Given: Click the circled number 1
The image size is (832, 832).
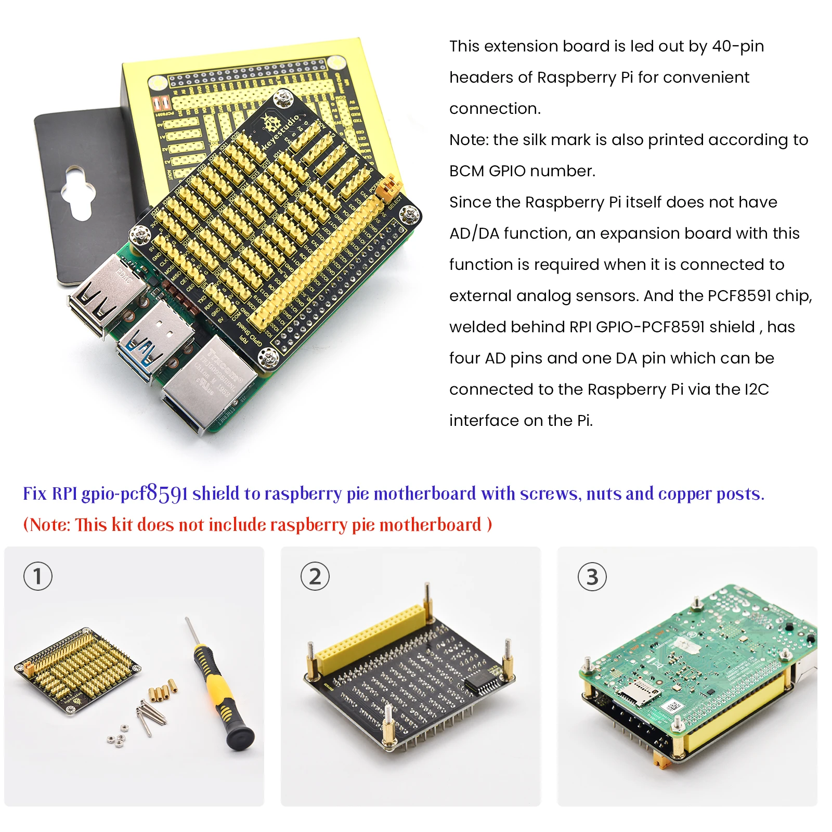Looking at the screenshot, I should [x=38, y=576].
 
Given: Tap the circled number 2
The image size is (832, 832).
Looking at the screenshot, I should [x=315, y=576].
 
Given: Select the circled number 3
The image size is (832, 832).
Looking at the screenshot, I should [x=592, y=577].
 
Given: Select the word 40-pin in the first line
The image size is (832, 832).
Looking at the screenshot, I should [x=738, y=46].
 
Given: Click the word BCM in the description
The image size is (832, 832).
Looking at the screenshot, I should [x=466, y=171].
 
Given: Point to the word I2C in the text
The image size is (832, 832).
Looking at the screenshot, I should [x=756, y=389].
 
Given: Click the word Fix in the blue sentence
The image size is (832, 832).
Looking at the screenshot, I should [x=34, y=493].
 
